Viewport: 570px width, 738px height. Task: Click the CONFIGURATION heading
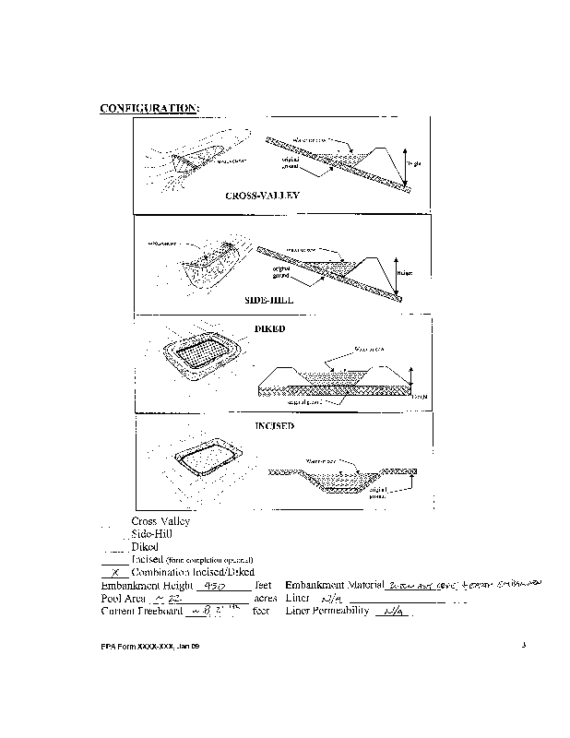tap(148, 108)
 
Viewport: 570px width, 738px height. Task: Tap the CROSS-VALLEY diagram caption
tap(262, 196)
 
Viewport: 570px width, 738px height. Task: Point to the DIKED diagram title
tap(269, 328)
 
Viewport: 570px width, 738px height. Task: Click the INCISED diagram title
tap(274, 425)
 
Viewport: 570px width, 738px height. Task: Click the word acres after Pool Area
tap(266, 598)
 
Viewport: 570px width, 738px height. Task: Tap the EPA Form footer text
tap(150, 646)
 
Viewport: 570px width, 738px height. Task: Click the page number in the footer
tap(522, 645)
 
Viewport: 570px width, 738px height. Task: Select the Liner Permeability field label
tap(327, 611)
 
